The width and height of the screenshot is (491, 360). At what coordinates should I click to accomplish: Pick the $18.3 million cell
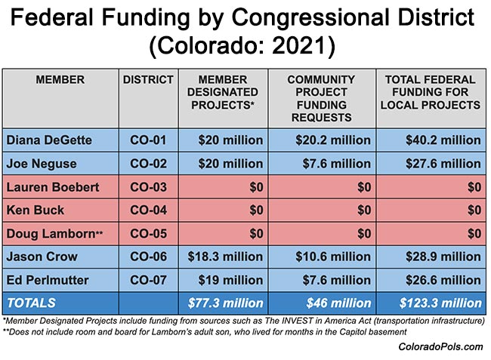point(225,257)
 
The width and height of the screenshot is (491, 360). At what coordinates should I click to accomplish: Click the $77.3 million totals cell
point(225,304)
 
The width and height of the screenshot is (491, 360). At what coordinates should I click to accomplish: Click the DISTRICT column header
point(148,79)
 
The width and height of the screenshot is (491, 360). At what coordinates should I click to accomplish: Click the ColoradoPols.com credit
point(440,346)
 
